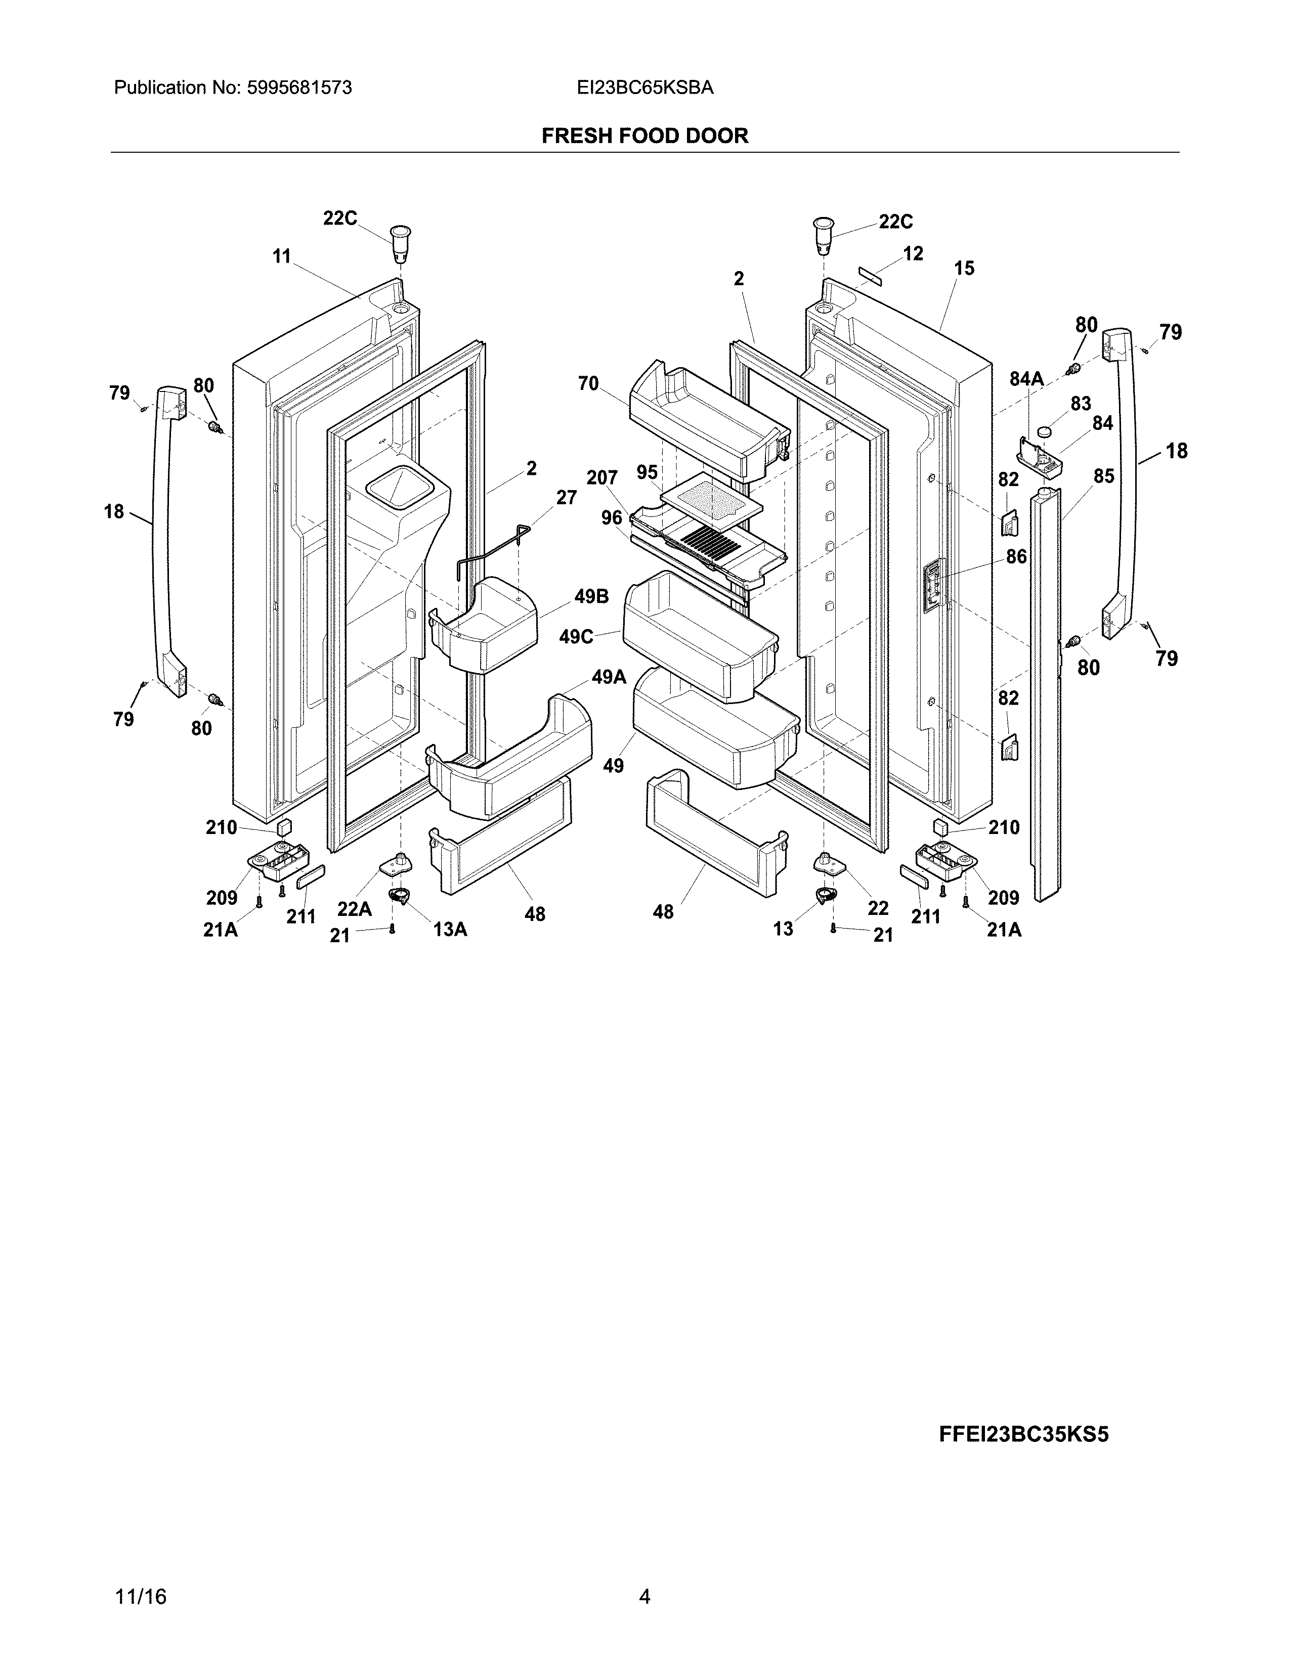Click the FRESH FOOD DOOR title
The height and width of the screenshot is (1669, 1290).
point(644,136)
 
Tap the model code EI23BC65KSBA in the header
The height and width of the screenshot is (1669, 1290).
point(645,88)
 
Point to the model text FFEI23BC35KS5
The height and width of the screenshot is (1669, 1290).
point(1023,1434)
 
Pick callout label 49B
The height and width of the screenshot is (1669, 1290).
point(591,597)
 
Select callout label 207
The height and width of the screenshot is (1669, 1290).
point(601,478)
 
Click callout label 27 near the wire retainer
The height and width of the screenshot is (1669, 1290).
point(566,498)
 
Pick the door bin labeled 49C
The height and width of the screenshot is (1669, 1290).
point(699,638)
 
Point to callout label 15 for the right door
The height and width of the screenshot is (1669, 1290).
point(964,268)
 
